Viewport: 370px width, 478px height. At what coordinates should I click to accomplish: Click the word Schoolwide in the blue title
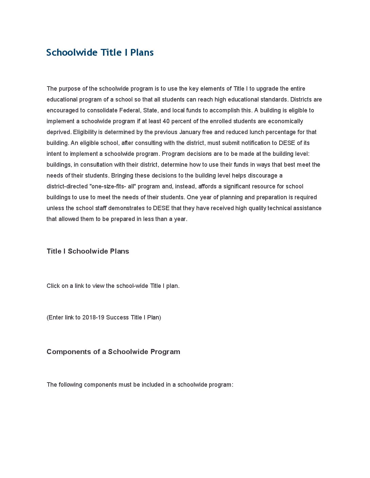click(72, 53)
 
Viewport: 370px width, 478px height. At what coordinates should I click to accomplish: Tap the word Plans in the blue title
click(142, 53)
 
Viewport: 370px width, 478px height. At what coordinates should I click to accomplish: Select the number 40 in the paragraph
click(166, 121)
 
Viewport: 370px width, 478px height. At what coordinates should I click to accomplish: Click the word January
click(190, 132)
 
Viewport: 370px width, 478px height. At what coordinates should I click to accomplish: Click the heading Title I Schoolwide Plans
click(88, 251)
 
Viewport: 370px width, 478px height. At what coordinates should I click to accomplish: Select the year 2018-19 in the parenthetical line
click(93, 317)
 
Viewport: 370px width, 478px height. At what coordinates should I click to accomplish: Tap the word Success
click(117, 317)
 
